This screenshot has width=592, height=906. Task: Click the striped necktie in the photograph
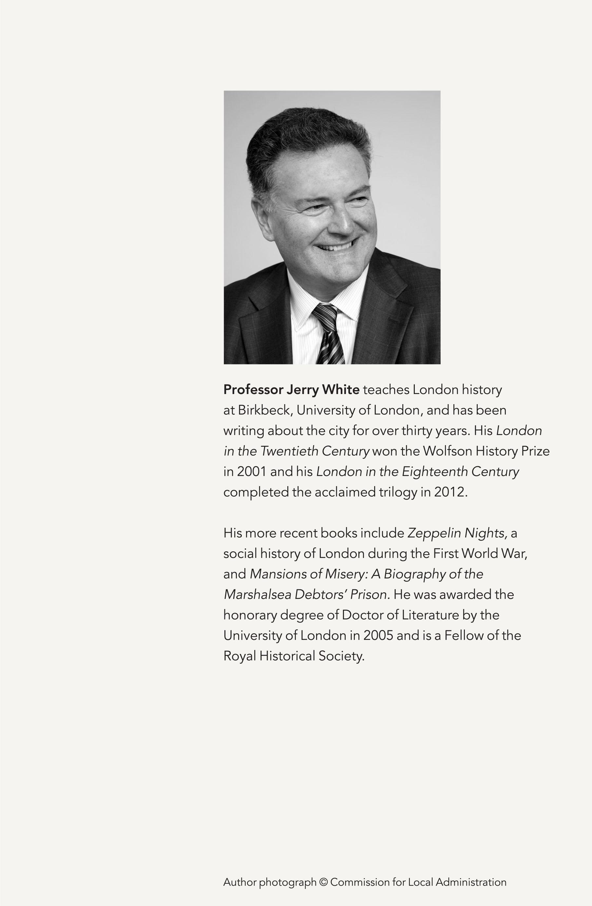tap(328, 333)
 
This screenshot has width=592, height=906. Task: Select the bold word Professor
tap(253, 390)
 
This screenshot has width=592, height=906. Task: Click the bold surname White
tap(340, 390)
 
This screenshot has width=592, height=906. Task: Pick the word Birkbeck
tap(265, 410)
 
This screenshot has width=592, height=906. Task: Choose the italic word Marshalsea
tap(258, 595)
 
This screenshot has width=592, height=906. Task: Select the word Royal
tap(239, 656)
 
